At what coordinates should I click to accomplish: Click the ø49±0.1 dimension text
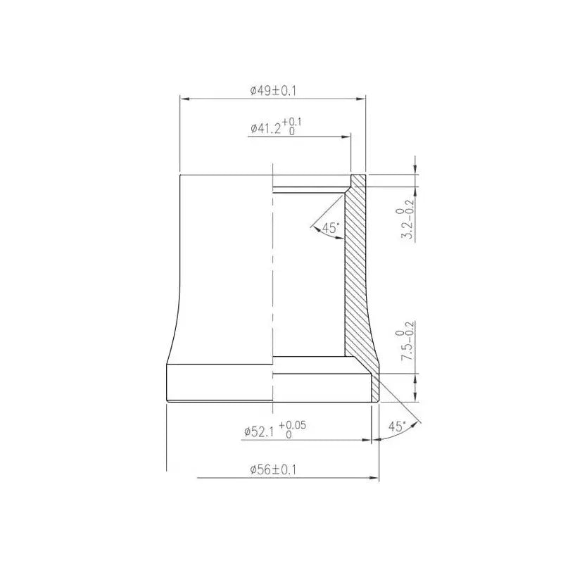click(273, 91)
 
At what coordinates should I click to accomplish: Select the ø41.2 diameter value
click(266, 129)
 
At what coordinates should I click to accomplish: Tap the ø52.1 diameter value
click(259, 431)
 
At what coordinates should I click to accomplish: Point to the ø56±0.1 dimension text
click(273, 469)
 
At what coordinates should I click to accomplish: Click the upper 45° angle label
click(330, 227)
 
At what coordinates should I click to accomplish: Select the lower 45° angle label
click(397, 426)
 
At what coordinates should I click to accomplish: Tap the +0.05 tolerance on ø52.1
click(293, 425)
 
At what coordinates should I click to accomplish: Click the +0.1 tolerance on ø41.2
click(292, 122)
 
